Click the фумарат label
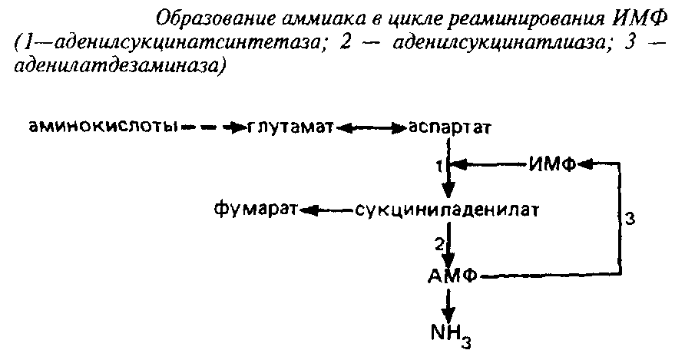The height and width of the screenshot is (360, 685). pyautogui.click(x=256, y=208)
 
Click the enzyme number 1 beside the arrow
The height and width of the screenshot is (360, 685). pyautogui.click(x=440, y=164)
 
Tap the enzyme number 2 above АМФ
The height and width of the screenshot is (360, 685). pyautogui.click(x=439, y=243)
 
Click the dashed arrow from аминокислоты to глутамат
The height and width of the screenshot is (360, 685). pyautogui.click(x=211, y=126)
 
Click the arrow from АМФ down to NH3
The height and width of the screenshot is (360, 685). pyautogui.click(x=449, y=304)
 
